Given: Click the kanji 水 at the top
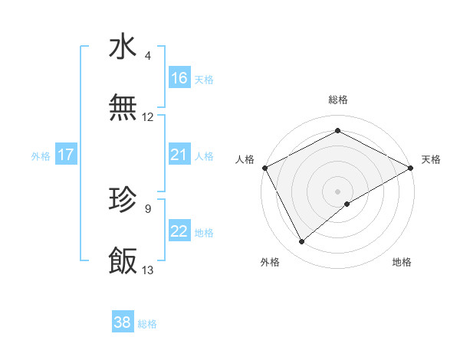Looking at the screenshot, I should click(x=123, y=47).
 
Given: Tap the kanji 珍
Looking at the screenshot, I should click(x=123, y=200).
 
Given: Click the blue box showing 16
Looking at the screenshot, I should click(x=179, y=78).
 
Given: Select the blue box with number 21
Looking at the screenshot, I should click(x=179, y=155).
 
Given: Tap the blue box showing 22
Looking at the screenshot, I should click(x=179, y=232).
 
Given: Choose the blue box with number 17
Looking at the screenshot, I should click(x=66, y=155).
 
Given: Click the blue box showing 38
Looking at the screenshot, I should click(x=123, y=322).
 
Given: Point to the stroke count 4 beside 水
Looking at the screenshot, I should click(x=148, y=56).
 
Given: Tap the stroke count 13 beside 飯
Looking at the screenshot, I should click(x=148, y=270).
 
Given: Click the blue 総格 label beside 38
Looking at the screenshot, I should click(x=147, y=324).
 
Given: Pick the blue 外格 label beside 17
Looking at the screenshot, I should click(x=41, y=156).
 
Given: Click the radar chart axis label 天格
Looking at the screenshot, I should click(x=431, y=159).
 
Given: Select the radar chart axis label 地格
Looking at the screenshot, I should click(x=402, y=262).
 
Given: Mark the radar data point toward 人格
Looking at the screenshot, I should click(x=264, y=167).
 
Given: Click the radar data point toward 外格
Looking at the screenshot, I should click(x=302, y=242).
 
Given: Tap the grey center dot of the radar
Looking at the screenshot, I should click(x=338, y=191).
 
